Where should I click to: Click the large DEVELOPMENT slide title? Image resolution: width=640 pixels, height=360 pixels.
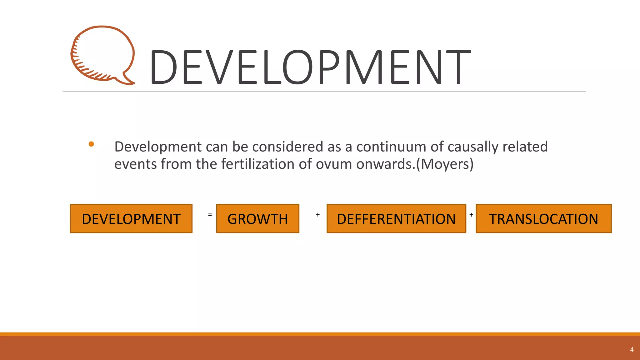coord(310,67)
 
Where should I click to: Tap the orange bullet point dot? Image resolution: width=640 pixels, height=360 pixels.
coord(91,144)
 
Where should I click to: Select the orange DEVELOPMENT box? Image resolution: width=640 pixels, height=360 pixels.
coord(131,219)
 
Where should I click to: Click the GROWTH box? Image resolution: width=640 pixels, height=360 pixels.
coord(257,219)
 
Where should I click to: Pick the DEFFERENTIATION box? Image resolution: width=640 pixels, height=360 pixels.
coord(396,219)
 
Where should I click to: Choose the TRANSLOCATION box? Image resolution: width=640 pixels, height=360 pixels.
coord(543,219)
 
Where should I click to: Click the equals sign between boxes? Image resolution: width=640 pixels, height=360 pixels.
coord(210,215)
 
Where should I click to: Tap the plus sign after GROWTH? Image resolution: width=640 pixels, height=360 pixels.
coord(317,215)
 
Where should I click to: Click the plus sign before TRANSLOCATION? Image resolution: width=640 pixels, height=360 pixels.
coord(471,215)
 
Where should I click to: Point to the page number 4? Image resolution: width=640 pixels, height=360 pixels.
coord(632,350)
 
